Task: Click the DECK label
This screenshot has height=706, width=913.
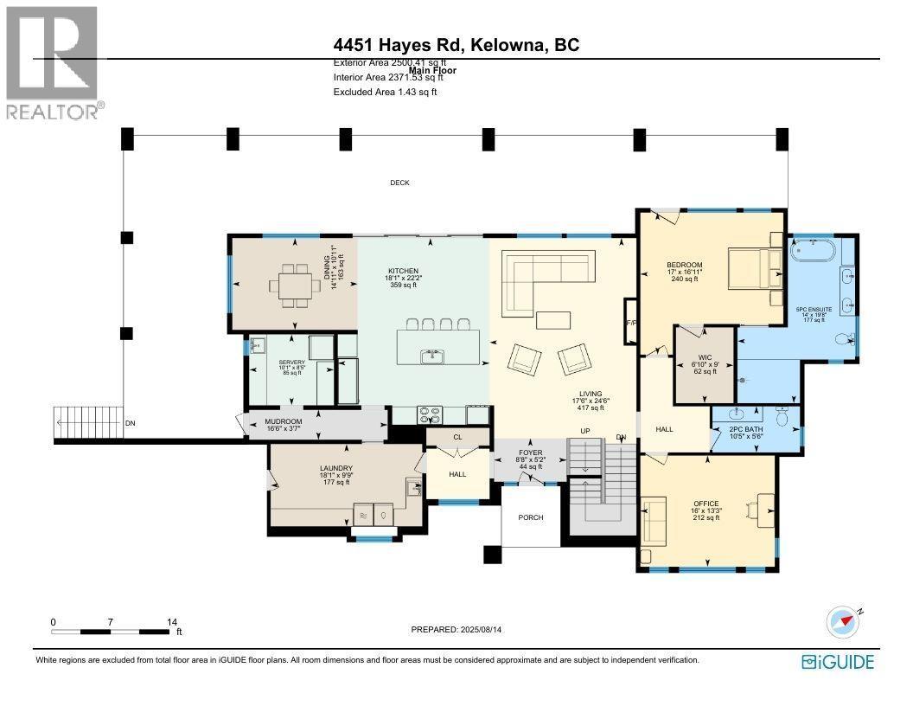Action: point(399,183)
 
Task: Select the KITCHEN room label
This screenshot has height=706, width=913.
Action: point(403,271)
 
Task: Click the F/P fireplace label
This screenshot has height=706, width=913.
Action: point(630,324)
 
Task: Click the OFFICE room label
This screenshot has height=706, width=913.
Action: point(705,503)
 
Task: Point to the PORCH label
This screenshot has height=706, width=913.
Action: point(531,517)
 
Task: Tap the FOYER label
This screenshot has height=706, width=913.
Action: point(530,452)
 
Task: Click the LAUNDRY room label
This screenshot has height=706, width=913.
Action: point(336,470)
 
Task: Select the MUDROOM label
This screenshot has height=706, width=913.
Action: point(283,421)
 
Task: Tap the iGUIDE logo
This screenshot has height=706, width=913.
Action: point(838,662)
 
